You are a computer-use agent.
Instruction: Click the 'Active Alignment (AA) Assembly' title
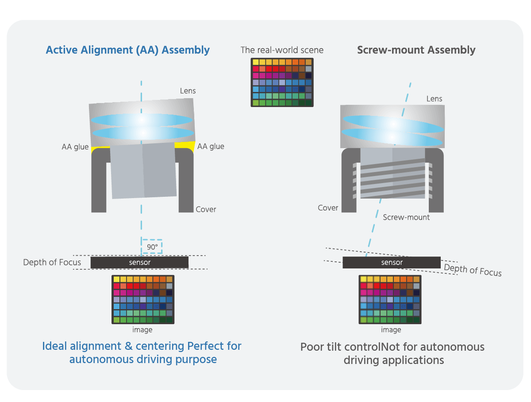pos(127,50)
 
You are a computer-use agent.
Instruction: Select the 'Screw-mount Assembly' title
pos(416,50)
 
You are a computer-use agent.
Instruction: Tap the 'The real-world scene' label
pos(282,50)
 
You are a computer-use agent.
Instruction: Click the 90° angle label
pos(151,247)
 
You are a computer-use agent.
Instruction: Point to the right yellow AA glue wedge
pos(188,146)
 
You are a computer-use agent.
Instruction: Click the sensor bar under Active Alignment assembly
pos(139,262)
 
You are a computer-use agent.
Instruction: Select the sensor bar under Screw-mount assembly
pos(392,263)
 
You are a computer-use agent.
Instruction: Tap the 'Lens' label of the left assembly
pos(188,91)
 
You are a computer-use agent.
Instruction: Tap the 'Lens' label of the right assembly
pos(434,99)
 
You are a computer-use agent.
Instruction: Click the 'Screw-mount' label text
pos(406,217)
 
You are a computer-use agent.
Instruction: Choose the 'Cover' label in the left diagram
pos(206,209)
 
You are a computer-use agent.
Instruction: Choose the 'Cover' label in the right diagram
pos(328,208)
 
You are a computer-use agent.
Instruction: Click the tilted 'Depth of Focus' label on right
pos(473,269)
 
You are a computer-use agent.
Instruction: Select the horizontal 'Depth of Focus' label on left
pos(52,262)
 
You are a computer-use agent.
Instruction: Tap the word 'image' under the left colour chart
pos(142,330)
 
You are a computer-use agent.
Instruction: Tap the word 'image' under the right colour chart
pos(391,330)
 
